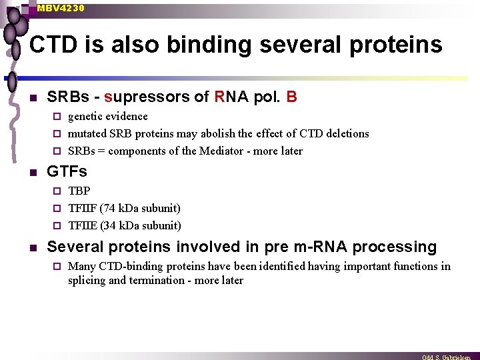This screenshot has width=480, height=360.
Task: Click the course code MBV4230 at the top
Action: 61,8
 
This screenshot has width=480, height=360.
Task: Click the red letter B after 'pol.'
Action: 291,97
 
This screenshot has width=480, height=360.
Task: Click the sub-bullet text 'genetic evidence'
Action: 108,117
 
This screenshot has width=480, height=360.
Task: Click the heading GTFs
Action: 67,172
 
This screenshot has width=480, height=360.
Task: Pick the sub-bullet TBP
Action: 79,191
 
